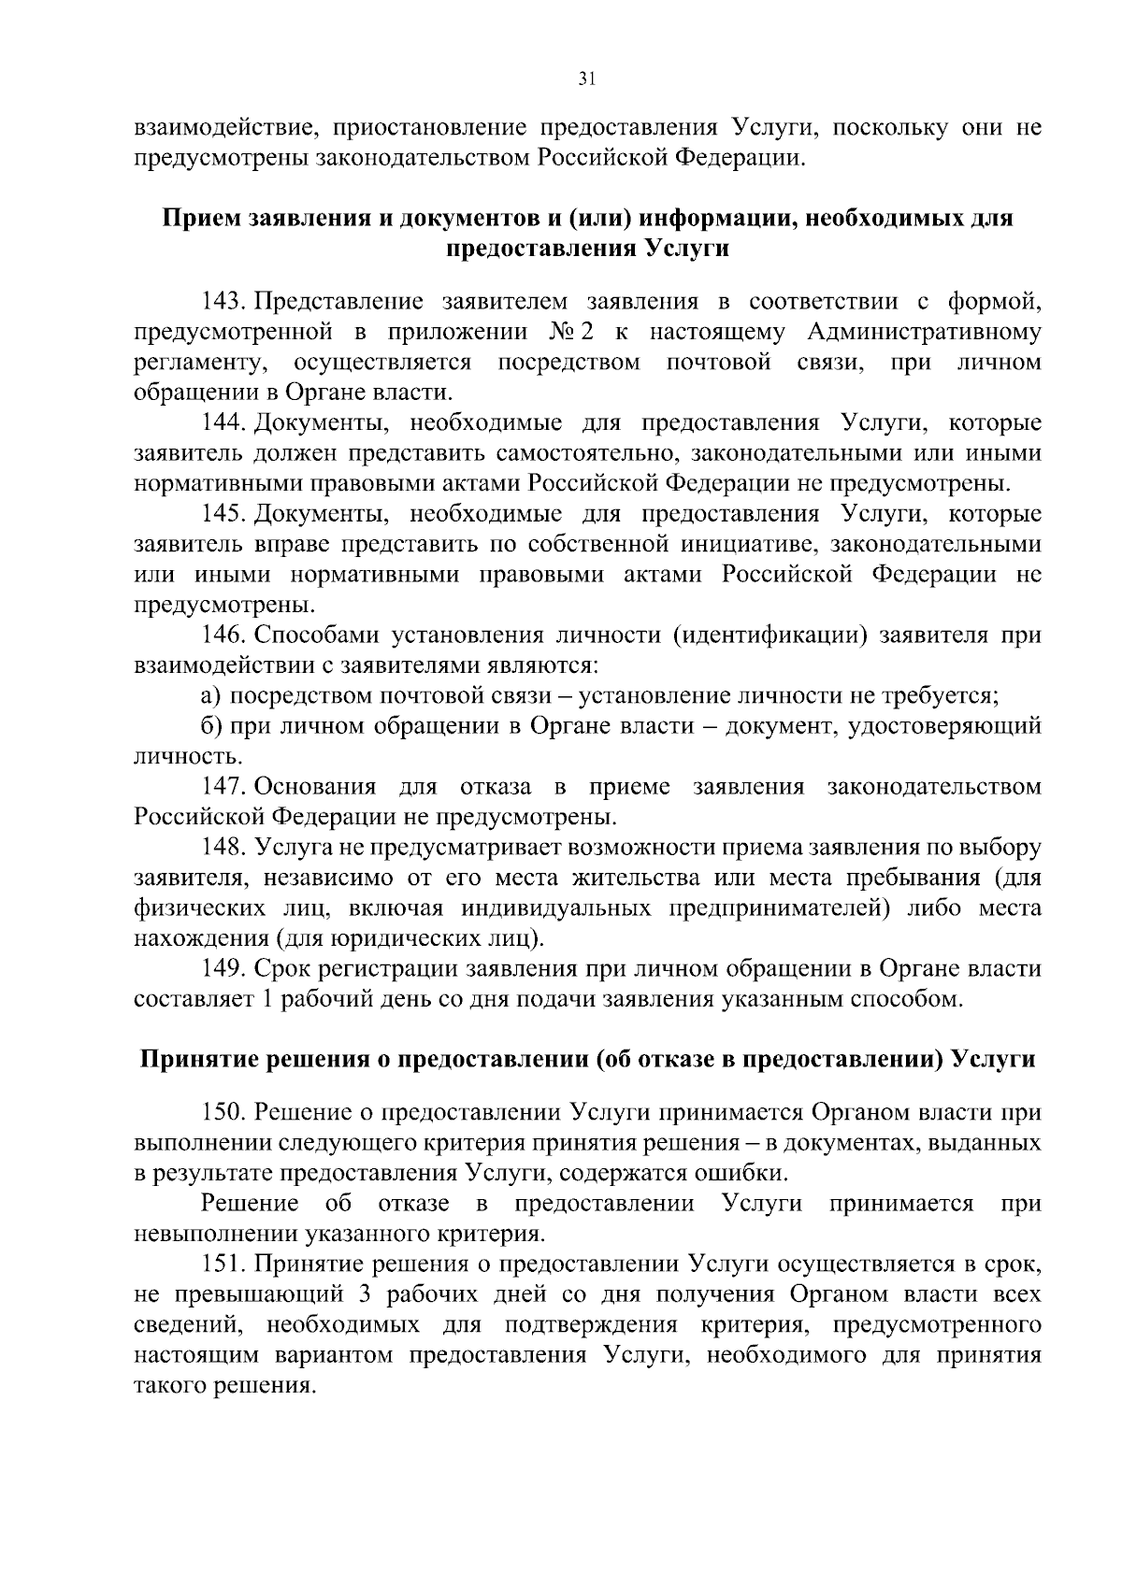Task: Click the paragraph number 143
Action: tap(223, 302)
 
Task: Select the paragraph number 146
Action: tap(223, 636)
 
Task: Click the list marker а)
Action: tap(211, 695)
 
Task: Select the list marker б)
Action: tap(211, 726)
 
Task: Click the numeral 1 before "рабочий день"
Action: tap(265, 999)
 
